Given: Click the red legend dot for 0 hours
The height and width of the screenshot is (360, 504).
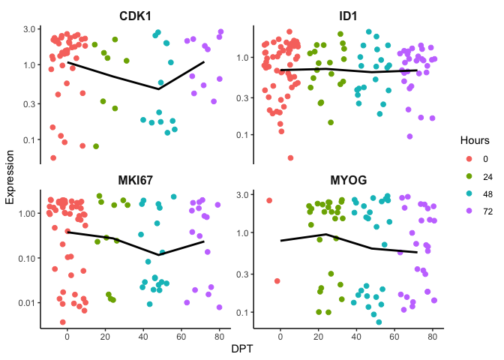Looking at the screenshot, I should tap(469, 158).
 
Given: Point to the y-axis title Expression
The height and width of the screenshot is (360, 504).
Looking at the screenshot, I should tap(10, 177).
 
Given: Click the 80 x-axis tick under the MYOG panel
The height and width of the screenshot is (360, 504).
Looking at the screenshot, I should tap(433, 336).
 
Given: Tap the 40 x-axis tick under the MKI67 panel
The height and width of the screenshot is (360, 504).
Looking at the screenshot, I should tap(143, 336).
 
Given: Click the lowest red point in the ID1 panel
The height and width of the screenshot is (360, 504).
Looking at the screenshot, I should tap(290, 157).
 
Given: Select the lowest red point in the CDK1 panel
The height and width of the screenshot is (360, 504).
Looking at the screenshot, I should tap(53, 157).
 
